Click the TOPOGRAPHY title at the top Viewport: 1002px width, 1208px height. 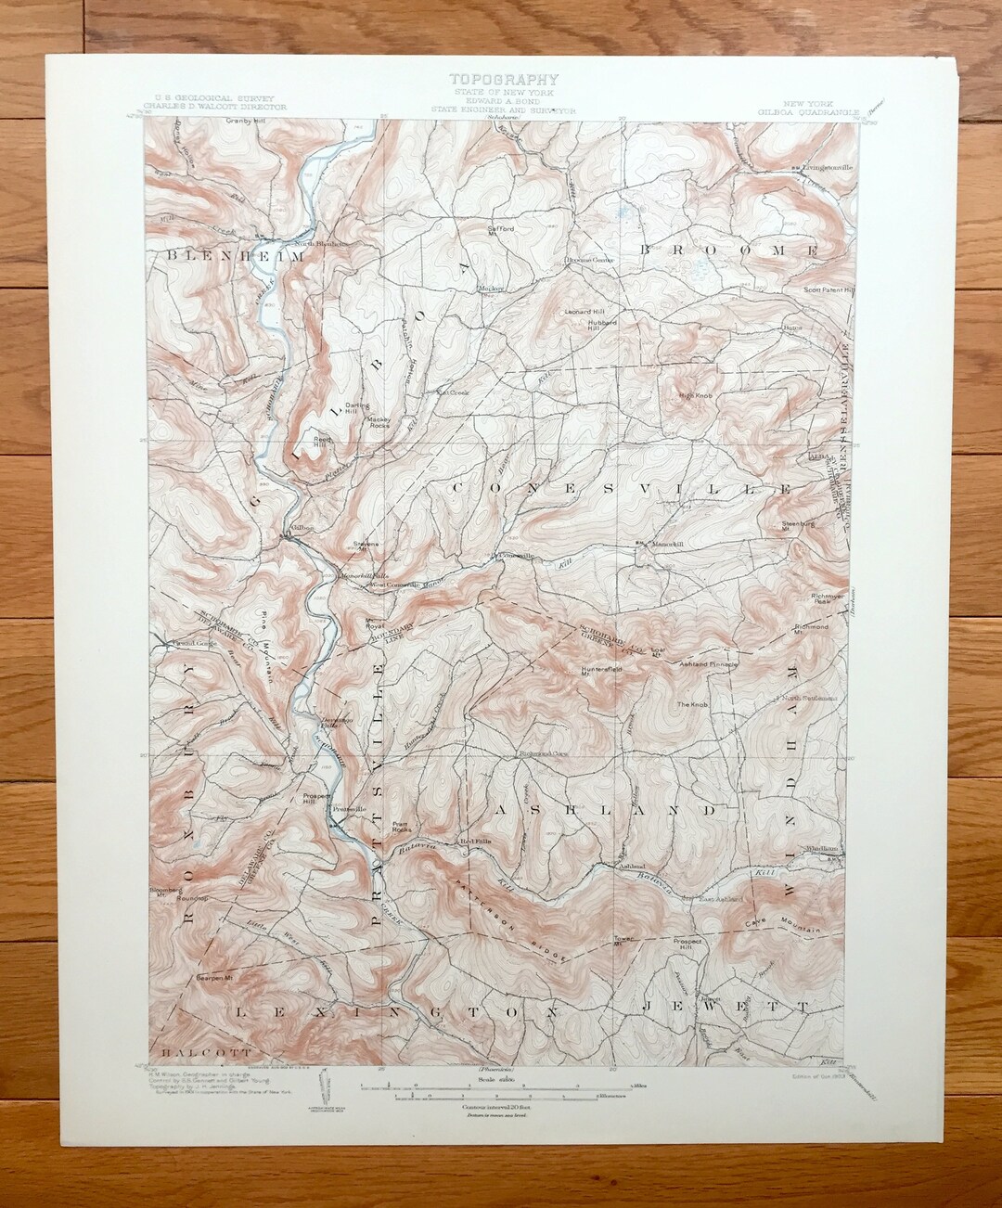pyautogui.click(x=501, y=79)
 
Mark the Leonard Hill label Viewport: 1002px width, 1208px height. pyautogui.click(x=584, y=312)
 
